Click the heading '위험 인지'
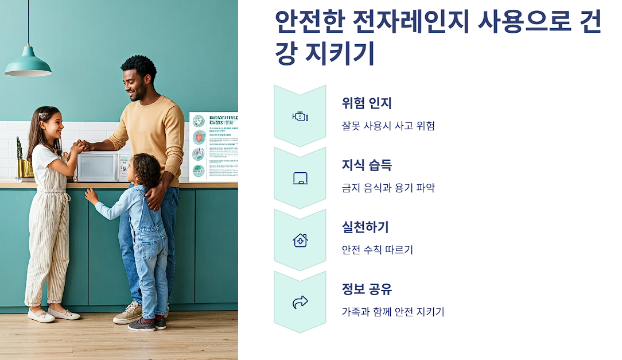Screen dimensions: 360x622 366,103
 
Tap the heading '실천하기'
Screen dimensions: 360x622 365,227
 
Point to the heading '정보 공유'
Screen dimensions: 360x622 366,289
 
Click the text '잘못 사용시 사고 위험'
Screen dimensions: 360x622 388,126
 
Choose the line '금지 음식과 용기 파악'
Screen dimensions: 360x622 388,188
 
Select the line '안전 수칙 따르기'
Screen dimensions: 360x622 377,250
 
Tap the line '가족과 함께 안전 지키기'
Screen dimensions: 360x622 392,312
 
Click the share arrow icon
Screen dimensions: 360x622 300,302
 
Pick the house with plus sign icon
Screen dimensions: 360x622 300,240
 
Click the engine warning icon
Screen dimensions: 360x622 300,117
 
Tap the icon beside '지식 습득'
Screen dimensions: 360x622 300,179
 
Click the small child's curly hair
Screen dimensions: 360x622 147,168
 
